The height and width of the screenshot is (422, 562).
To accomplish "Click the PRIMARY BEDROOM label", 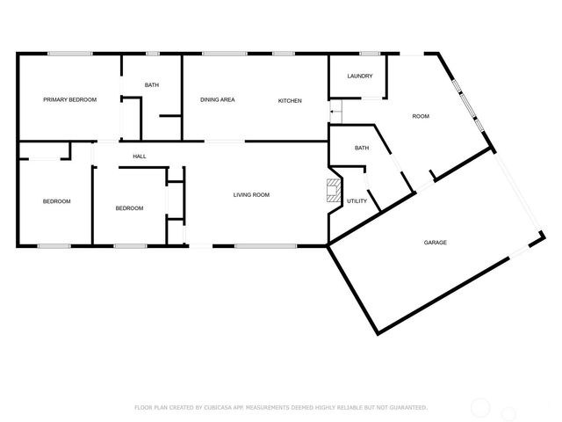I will click(69, 100).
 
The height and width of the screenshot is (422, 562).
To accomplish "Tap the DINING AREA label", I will click(217, 100).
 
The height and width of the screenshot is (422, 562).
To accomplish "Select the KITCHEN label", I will click(290, 101).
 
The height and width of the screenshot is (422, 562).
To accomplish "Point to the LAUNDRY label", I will click(360, 76).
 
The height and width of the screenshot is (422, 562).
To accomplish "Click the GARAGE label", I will click(436, 242).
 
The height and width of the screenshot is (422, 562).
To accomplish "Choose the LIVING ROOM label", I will click(250, 194).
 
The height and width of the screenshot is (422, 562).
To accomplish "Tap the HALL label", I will click(139, 156).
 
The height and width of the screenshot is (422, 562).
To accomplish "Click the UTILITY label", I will click(357, 201).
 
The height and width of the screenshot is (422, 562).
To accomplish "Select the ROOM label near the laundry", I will click(421, 116).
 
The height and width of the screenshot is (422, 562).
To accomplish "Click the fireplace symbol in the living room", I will click(333, 191).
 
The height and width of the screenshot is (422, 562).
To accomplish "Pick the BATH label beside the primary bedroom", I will click(151, 84).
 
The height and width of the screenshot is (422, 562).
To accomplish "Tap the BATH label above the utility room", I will click(361, 149).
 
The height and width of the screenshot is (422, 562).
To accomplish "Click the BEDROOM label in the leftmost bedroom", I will click(56, 201).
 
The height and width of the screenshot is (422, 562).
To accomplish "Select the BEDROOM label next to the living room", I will click(129, 208).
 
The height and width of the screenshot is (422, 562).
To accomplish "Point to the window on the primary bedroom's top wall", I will click(70, 54).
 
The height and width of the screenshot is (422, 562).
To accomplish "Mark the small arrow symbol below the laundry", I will click(334, 113).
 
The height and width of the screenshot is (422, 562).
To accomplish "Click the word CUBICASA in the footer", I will click(217, 407).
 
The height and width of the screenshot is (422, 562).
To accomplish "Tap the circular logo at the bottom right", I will click(481, 406).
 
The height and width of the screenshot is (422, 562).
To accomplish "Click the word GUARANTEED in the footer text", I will click(407, 407).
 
